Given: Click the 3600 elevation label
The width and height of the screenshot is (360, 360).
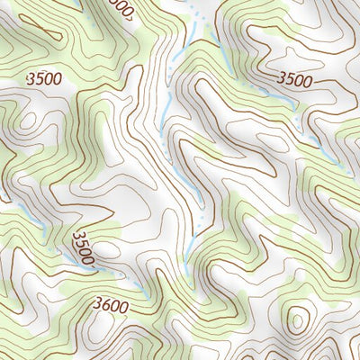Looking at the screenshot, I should tap(110, 307).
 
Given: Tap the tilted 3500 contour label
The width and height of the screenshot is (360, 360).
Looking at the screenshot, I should tap(84, 248).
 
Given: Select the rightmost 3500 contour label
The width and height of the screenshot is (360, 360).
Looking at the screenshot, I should tap(294, 81).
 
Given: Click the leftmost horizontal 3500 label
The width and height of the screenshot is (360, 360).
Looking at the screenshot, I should tap(44, 79).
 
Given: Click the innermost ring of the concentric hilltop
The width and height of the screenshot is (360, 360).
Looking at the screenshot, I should tap(296, 319).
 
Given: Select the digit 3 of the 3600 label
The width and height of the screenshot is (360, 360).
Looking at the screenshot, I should tap(95, 307).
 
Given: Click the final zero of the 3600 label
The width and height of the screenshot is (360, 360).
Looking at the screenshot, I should tap(123, 307).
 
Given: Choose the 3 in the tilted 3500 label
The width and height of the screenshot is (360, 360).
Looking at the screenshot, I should tap(76, 237).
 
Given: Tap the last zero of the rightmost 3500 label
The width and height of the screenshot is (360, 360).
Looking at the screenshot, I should tap(308, 81).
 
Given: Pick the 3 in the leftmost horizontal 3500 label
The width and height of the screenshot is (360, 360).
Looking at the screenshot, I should tap(31, 79).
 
